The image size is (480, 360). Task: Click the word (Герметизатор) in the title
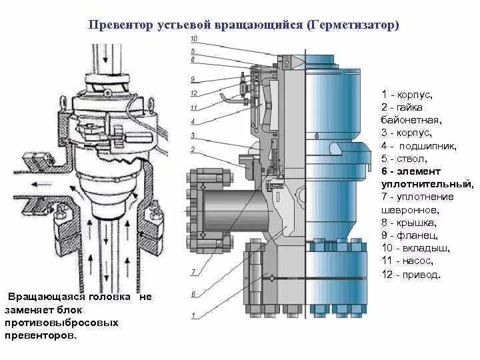(353, 25)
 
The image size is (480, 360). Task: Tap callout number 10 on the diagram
(193, 40)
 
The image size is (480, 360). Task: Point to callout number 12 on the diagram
(193, 93)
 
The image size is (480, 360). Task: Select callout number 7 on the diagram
(193, 271)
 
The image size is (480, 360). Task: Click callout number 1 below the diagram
(193, 315)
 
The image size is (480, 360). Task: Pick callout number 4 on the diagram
(193, 121)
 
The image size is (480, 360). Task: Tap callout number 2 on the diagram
(193, 149)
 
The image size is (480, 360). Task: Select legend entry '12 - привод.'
(411, 274)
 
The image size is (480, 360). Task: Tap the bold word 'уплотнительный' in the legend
(427, 183)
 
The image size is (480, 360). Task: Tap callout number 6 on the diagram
(193, 293)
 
